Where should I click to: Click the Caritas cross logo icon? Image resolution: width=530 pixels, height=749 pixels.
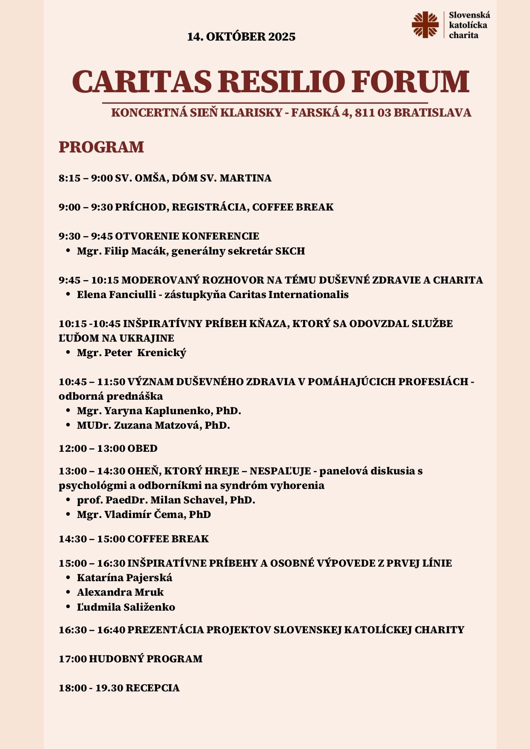pos(425,25)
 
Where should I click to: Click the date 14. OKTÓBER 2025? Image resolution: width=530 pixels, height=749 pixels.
pos(241,37)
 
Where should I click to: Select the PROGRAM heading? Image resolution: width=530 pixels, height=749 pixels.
pos(101,147)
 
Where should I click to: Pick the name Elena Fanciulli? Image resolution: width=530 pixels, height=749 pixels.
pos(116,295)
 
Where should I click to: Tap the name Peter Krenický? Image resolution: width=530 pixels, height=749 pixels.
pos(145,353)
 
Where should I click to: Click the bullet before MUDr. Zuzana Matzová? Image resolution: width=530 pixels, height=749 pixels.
pos(68,425)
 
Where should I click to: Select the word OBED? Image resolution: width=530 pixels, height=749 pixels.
pos(142,448)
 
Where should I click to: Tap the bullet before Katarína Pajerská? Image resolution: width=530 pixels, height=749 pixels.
pos(68,578)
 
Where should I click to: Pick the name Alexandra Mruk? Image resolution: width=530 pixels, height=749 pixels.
pos(120,592)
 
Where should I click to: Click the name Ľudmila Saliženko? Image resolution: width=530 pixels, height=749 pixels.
pos(126,607)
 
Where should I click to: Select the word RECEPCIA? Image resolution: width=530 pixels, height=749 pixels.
pos(153,688)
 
